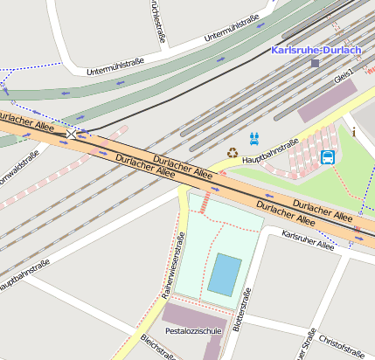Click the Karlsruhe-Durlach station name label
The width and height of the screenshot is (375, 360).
coord(316,50)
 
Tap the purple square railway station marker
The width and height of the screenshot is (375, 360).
coord(315,63)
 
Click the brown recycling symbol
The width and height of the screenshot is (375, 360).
coord(233,153)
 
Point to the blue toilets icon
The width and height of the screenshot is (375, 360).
coord(254,137)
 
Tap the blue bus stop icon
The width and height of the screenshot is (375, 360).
coord(328,157)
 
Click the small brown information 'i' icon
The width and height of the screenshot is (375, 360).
coord(353,133)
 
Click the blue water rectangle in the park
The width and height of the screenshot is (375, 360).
coord(225,274)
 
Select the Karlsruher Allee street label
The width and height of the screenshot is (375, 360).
coord(308,240)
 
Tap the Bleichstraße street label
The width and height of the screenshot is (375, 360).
coord(158,349)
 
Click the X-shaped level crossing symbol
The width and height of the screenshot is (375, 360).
coord(71,134)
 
